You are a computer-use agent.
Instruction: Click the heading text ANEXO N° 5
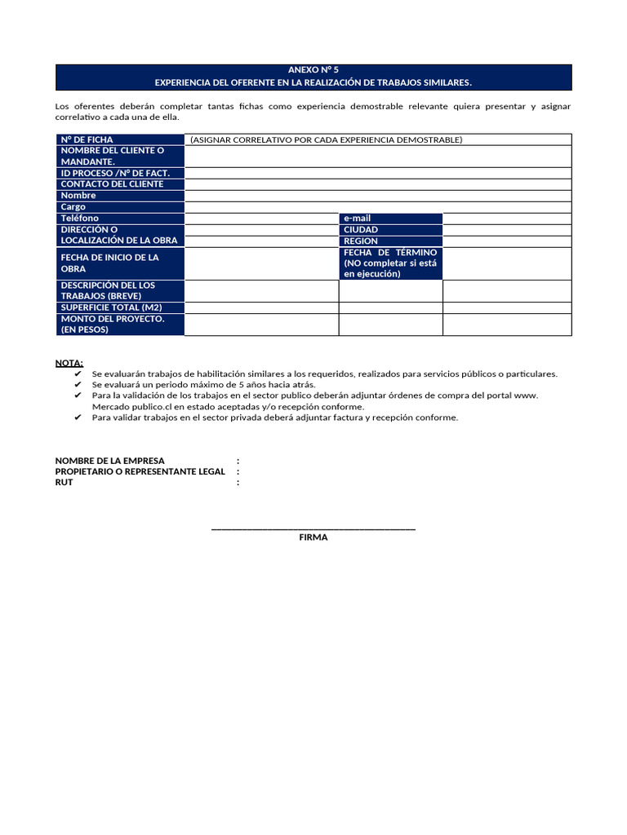313,71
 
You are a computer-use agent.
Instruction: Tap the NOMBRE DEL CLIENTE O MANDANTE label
112,156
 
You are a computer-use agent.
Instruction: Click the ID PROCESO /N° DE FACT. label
115,173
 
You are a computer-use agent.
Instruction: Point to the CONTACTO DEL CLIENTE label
112,184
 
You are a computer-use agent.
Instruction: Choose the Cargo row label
73,207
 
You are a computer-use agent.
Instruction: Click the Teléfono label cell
80,219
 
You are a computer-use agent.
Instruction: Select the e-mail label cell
358,219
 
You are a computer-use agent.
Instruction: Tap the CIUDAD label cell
361,230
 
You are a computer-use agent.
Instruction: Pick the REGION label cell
361,241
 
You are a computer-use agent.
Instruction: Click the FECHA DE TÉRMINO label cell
390,263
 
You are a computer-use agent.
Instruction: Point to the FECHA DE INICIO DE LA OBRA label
110,263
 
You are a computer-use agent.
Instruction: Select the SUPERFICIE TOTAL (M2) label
112,307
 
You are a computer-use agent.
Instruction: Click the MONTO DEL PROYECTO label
113,325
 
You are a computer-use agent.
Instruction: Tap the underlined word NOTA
69,363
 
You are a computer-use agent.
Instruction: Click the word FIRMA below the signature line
313,537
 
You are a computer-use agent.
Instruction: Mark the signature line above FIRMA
313,529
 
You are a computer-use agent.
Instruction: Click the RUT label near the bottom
64,483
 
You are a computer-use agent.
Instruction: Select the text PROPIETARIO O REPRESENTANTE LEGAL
140,471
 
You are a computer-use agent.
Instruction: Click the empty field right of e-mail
507,219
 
